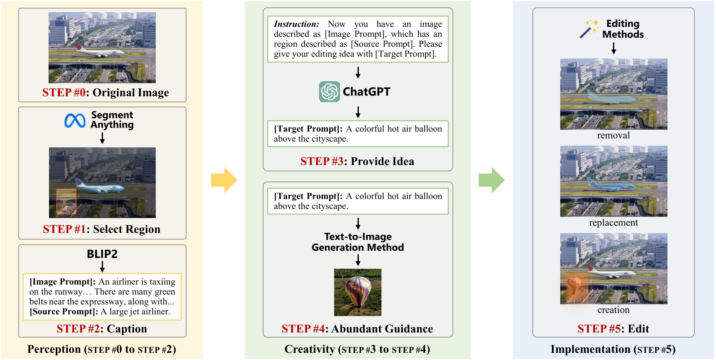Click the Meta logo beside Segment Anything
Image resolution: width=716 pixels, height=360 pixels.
75,121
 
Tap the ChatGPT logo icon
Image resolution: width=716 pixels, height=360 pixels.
330,92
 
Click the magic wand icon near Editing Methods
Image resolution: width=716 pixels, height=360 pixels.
588,29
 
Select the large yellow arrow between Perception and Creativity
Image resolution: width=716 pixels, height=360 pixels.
224,180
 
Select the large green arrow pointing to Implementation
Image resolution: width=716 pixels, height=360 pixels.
492,180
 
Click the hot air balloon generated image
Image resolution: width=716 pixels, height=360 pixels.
358,292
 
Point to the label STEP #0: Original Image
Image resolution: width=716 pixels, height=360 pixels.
106,93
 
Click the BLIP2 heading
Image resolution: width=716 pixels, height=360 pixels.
102,254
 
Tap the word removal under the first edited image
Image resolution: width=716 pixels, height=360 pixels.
613,136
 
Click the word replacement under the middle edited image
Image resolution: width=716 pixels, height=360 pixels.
613,223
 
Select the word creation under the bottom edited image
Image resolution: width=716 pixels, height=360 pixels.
613,310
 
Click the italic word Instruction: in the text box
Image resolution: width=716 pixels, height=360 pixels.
296,24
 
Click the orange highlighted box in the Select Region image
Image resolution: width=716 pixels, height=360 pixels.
66,202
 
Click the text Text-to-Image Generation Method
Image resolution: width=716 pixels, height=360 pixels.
358,242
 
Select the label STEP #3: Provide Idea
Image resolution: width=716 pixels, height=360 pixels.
357,162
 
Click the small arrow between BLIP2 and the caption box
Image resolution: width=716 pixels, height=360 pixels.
102,267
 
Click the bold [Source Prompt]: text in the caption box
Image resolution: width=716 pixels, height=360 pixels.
64,312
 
